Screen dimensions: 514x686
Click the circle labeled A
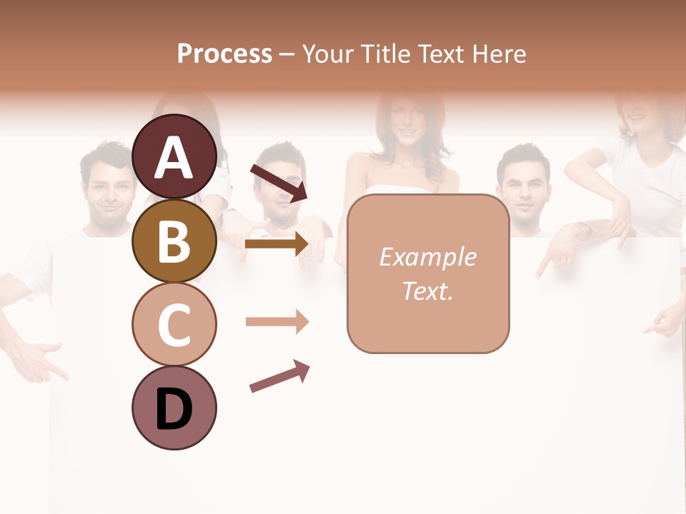pos(174,156)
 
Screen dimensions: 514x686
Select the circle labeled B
pos(174,241)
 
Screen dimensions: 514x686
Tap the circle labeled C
pos(174,324)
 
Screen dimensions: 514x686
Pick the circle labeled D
pos(174,408)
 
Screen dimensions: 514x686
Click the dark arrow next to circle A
pos(278,183)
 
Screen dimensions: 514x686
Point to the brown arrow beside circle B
pos(276,244)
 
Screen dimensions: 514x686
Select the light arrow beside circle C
pos(277,322)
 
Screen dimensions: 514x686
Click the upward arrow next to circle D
pos(279,376)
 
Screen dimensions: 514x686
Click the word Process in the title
pos(224,54)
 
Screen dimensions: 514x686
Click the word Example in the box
pos(427,257)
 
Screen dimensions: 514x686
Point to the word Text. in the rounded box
pos(427,291)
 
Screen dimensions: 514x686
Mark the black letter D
pos(174,409)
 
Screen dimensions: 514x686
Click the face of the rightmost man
pos(525,188)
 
